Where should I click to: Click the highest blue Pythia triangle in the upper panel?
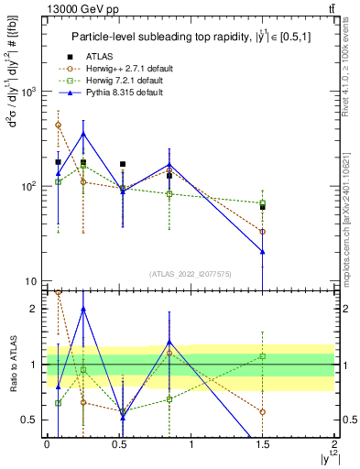point(83,134)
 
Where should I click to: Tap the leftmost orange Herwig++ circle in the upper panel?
point(58,125)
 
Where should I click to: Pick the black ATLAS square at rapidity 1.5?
point(263,207)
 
